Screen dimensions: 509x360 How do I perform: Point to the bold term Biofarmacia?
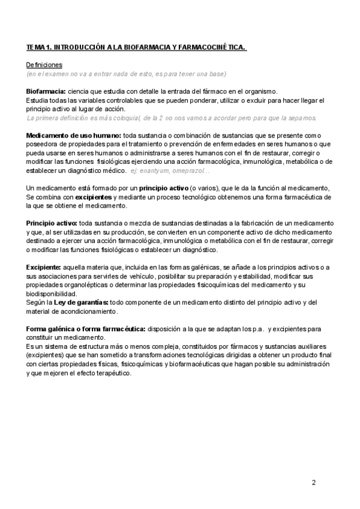tap(46, 91)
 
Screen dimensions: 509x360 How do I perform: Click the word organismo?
tap(256, 91)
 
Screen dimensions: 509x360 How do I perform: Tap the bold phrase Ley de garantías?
tap(82, 302)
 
